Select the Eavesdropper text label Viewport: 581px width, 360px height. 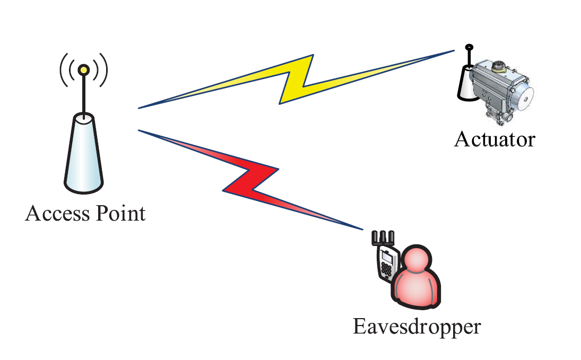pyautogui.click(x=417, y=326)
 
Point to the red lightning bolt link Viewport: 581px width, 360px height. pyautogui.click(x=249, y=180)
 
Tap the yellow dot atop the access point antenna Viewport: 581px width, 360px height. pyautogui.click(x=83, y=69)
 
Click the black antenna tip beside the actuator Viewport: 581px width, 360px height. pyautogui.click(x=469, y=48)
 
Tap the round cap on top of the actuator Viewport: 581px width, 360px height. pyautogui.click(x=498, y=66)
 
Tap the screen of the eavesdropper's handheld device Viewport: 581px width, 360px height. pyautogui.click(x=386, y=258)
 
